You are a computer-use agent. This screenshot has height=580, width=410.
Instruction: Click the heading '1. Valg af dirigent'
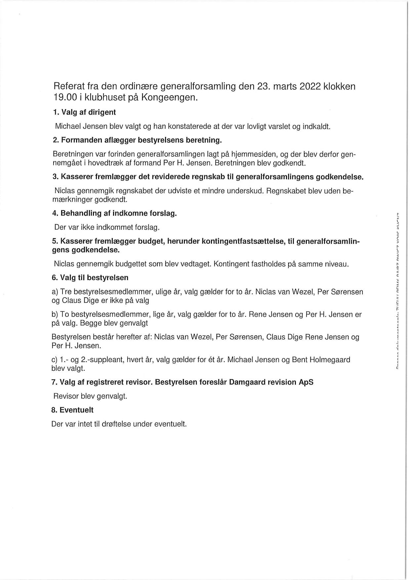tap(84, 112)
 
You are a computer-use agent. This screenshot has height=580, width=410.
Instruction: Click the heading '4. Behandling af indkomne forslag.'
tap(114, 213)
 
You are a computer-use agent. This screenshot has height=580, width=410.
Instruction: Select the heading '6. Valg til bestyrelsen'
tap(90, 277)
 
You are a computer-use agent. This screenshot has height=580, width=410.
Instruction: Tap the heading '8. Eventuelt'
tap(72, 410)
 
